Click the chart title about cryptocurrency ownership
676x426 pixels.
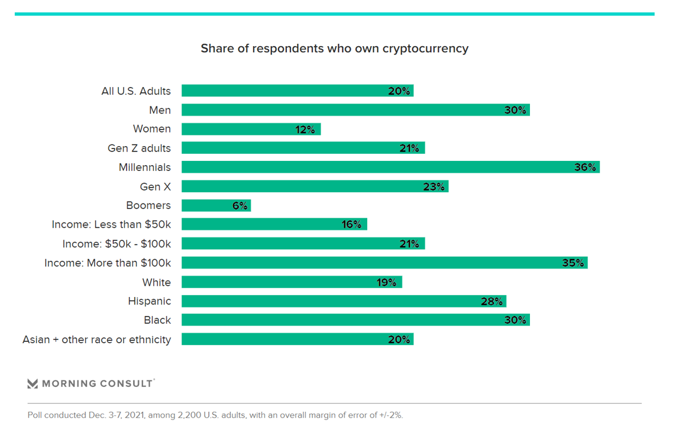pos(334,49)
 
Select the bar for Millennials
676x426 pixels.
pos(390,167)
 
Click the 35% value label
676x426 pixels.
pos(573,263)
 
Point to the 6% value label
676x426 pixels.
pos(240,205)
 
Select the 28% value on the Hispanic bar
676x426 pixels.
pos(491,301)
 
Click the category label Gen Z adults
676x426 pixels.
pos(139,148)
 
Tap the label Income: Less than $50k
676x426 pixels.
pos(111,224)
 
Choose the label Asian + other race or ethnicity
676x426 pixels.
pos(96,340)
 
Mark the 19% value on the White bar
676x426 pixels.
pos(387,282)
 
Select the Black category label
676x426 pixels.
pos(157,320)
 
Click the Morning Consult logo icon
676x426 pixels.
pos(33,384)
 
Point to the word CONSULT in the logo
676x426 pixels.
pos(127,384)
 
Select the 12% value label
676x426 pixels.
pos(305,129)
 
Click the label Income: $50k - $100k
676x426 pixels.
pos(117,244)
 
